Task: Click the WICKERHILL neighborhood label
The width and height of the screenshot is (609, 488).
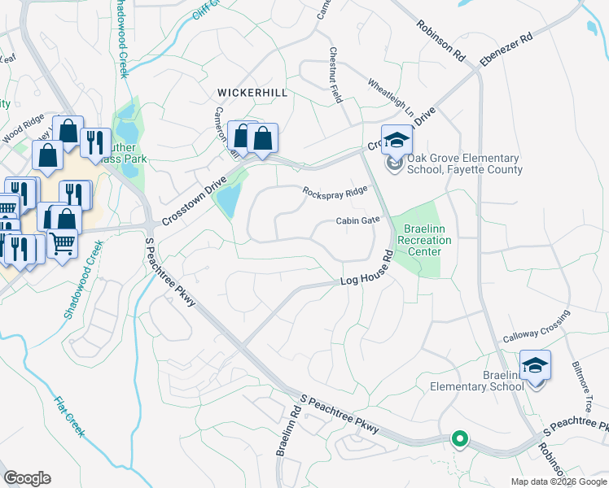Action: pos(252,93)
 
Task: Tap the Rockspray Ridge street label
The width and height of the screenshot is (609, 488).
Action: pos(335,193)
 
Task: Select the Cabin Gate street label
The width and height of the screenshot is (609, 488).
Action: pos(358,220)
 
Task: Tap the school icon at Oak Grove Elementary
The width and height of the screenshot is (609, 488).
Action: pos(397,140)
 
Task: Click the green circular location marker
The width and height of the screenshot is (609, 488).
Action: pos(460,439)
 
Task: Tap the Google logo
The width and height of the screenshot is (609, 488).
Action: pos(27,478)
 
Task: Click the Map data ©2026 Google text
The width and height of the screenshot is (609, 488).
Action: pos(558,481)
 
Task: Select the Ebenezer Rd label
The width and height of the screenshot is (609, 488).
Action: pos(506,50)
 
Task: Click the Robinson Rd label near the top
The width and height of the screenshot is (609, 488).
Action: pos(441,41)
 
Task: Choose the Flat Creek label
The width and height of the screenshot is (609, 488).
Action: pos(68,416)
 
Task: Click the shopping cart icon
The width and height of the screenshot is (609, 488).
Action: pos(62,242)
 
